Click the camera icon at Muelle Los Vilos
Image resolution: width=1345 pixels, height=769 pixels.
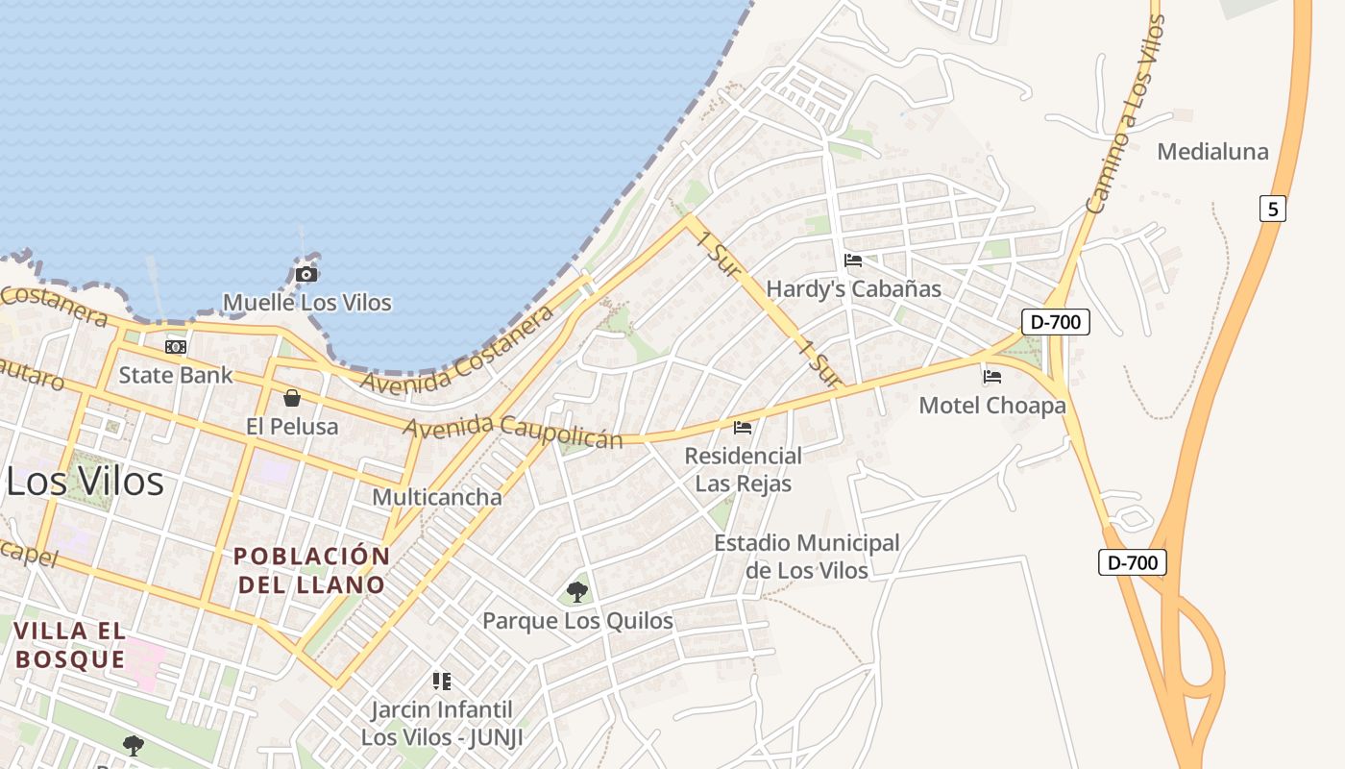[x=306, y=275]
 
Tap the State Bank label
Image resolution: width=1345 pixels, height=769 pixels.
[x=176, y=375]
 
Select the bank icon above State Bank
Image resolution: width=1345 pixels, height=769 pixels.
[x=176, y=347]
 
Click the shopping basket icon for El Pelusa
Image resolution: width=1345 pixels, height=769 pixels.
[x=292, y=398]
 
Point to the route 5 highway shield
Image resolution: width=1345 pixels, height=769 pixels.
[x=1272, y=209]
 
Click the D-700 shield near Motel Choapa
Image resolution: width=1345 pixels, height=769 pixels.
[x=1055, y=322]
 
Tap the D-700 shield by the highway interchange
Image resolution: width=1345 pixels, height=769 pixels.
[x=1133, y=562]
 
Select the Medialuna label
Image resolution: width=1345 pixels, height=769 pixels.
[x=1212, y=152]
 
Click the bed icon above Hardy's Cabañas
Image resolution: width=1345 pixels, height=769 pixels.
[x=852, y=260]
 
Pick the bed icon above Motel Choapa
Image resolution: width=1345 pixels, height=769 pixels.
[x=992, y=377]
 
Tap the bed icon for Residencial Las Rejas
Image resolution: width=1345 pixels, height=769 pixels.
[x=743, y=428]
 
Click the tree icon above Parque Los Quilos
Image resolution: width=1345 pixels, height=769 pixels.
[x=577, y=592]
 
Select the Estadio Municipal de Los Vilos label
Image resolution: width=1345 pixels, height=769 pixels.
[x=807, y=557]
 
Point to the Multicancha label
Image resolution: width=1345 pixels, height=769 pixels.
[x=437, y=497]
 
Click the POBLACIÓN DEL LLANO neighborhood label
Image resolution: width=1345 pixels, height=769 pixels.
[x=312, y=570]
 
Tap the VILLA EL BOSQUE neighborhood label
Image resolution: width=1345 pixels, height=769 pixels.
[x=70, y=645]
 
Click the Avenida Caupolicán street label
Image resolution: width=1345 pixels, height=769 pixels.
[x=513, y=432]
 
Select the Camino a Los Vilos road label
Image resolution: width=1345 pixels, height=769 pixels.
[x=1124, y=115]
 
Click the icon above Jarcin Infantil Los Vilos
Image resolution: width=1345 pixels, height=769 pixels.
[x=442, y=682]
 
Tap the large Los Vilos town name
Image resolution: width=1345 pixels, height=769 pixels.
[x=85, y=481]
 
